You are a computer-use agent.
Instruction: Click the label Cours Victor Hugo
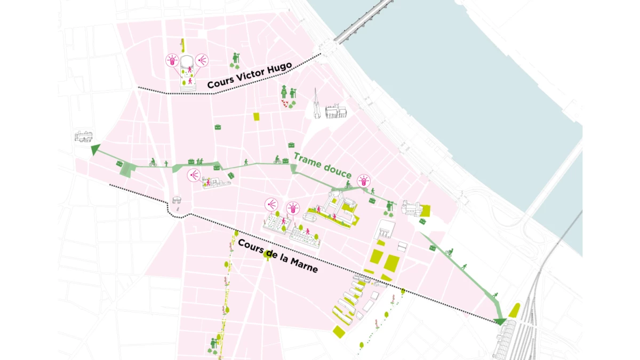point(249,76)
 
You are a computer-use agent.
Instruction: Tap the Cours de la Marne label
point(277,255)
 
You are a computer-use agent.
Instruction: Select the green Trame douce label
point(322,165)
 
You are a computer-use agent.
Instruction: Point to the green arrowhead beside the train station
point(500,321)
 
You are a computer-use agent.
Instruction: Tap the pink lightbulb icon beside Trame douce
point(364,180)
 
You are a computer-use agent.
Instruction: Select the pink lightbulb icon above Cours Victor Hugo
point(172,60)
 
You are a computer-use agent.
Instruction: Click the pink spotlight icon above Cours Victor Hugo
point(202,60)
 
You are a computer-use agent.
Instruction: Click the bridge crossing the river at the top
point(363,21)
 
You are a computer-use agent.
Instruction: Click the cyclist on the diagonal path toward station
point(449,252)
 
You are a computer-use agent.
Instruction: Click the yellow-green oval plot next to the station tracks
point(515,309)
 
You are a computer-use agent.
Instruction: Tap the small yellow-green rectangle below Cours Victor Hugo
point(257,117)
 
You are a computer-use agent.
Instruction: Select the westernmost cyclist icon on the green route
point(153,162)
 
